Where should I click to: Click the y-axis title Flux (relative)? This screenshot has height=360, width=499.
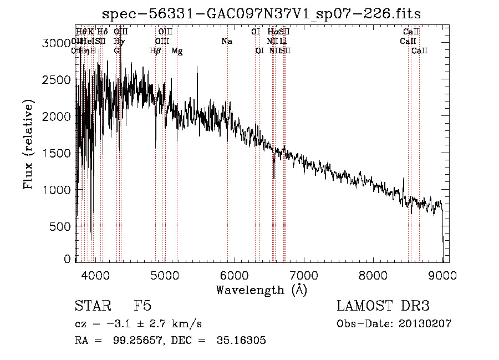pos(28,144)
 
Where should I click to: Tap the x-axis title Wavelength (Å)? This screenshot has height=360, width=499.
pos(261,290)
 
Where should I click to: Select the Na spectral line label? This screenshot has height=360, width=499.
pos(226,41)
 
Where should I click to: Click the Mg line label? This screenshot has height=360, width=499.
pos(177,51)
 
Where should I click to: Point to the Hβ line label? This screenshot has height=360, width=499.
pos(155,51)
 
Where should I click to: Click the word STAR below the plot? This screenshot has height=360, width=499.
pos(91,307)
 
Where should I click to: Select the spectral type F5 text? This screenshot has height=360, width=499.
pos(142,307)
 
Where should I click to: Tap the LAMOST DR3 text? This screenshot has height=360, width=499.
pos(383,307)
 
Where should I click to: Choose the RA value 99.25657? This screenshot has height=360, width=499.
pos(133,341)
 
